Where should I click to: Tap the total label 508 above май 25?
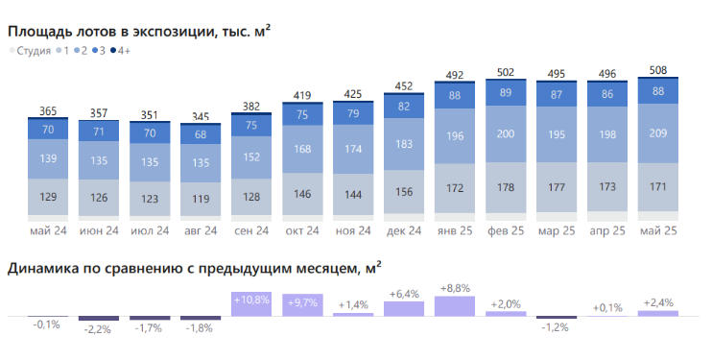tap(658, 69)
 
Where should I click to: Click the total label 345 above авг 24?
tap(201, 116)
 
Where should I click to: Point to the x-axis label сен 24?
tap(251, 231)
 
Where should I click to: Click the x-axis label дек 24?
tap(404, 231)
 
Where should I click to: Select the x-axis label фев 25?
tap(506, 231)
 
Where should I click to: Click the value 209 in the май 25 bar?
tap(658, 132)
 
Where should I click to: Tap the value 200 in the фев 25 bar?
tap(506, 134)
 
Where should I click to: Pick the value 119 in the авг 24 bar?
tap(201, 200)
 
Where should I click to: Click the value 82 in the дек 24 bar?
tap(404, 107)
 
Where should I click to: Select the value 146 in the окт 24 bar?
tap(302, 193)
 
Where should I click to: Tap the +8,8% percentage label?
tap(455, 287)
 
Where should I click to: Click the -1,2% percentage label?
tap(557, 327)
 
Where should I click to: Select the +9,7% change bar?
tap(302, 305)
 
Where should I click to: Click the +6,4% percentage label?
tap(404, 293)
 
